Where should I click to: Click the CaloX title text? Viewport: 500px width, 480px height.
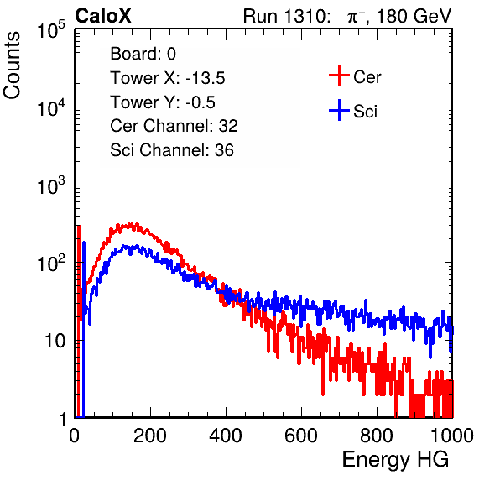coord(103,16)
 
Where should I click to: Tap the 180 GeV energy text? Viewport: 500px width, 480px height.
coord(414,16)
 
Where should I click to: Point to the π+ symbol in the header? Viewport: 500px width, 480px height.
coord(356,16)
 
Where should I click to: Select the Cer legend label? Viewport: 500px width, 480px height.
coord(367,77)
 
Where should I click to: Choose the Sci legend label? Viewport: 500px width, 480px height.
coord(365,112)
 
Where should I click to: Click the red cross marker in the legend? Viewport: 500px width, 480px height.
coord(339,76)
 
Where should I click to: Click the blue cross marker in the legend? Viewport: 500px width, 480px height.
coord(339,110)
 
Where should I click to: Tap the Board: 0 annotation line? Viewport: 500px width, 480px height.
coord(143,54)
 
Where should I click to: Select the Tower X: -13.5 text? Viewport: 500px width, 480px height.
coord(168,78)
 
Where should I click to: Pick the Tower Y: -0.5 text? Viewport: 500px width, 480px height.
coord(163,102)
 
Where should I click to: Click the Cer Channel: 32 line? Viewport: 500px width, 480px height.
coord(174,126)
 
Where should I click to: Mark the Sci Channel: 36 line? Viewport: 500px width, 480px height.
coord(172,150)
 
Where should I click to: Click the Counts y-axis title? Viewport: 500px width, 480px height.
coord(12,65)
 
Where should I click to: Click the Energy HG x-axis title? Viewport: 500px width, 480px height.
coord(395,459)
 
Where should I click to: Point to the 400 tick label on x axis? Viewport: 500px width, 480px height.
coord(226,436)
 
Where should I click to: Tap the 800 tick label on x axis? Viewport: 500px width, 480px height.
coord(377,436)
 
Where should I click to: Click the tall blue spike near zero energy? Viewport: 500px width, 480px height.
coord(84,328)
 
